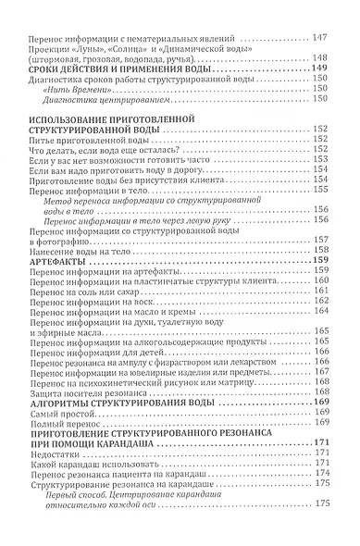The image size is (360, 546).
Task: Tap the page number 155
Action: (x=320, y=189)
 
